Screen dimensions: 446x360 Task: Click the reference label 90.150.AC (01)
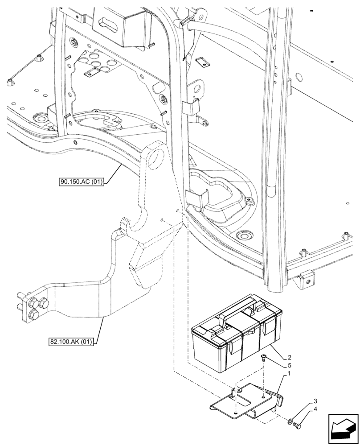pyautogui.click(x=81, y=182)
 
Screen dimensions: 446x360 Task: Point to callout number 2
pyautogui.click(x=290, y=357)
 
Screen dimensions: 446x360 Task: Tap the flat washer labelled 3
pyautogui.click(x=290, y=420)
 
